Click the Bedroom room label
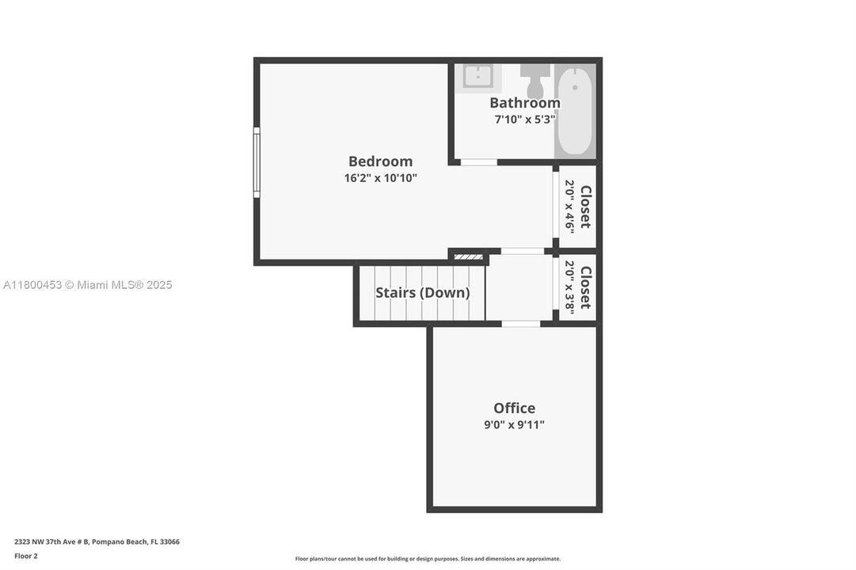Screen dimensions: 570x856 click(x=380, y=161)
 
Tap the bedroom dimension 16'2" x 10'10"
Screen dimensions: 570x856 click(x=380, y=178)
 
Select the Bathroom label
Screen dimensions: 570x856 click(x=524, y=103)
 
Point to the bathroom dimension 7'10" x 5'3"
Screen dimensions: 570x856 click(x=524, y=120)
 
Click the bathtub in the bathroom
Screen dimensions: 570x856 click(x=575, y=112)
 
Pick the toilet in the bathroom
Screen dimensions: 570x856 click(x=535, y=80)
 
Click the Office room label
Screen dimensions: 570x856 click(x=514, y=408)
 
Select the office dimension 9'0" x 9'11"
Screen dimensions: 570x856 click(x=514, y=424)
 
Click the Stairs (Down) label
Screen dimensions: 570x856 click(x=422, y=292)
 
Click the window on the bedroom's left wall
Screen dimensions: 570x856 click(x=257, y=162)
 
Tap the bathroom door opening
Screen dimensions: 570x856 click(x=479, y=162)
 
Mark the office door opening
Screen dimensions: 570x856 click(x=521, y=323)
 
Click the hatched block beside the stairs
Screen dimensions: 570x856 click(x=468, y=256)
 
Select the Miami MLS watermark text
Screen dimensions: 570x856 click(x=87, y=285)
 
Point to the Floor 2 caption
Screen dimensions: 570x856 click(x=25, y=556)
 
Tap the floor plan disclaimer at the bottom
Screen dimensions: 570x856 click(x=428, y=559)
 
